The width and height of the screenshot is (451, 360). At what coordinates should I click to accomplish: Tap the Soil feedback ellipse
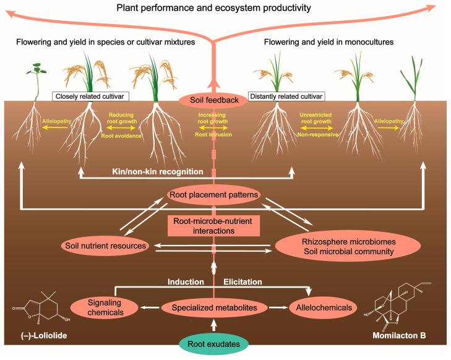point(213,100)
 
